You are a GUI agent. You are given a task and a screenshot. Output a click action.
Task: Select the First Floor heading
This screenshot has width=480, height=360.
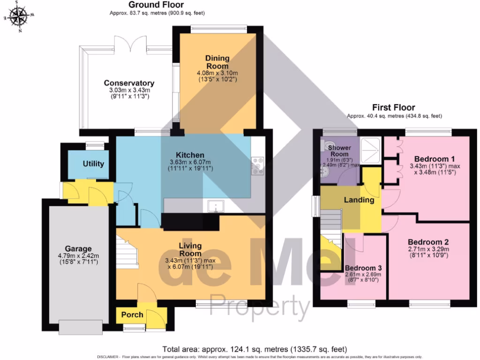[394, 107]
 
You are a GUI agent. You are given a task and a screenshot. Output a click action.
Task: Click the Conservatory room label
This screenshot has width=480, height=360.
[129, 83]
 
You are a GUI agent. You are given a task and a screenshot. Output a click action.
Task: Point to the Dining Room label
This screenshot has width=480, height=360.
[217, 62]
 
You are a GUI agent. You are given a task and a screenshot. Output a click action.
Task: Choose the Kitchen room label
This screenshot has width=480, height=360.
[190, 155]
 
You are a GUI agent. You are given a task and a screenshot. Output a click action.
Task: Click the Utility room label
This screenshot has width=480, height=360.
[93, 164]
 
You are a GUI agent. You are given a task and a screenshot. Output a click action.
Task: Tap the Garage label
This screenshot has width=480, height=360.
[78, 248]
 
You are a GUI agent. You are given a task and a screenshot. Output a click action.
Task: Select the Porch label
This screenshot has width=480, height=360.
[132, 314]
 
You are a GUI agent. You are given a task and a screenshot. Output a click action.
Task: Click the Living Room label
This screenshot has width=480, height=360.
[190, 249]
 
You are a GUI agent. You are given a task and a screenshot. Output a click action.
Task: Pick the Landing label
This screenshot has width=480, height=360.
[359, 200]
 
